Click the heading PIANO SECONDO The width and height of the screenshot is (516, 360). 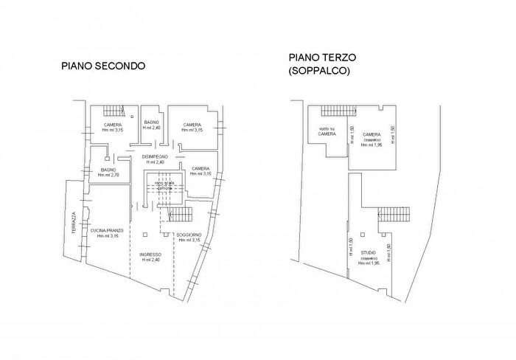click(103, 66)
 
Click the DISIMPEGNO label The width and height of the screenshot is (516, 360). click(156, 157)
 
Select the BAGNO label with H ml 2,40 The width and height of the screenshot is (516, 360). click(152, 122)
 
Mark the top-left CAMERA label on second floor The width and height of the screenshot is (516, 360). click(113, 125)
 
